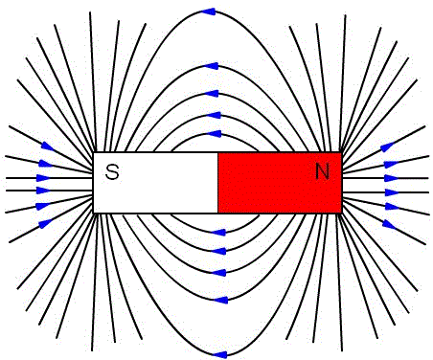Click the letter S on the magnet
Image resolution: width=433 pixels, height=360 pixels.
pos(112,171)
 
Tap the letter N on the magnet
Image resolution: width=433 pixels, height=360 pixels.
pos(322,171)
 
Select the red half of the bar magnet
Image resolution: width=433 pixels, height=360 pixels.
pos(280,183)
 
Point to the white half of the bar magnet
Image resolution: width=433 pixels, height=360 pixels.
pos(155,183)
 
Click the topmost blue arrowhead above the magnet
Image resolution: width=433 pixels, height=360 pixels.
pos(209,11)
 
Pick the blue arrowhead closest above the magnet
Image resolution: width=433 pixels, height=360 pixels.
pos(215,134)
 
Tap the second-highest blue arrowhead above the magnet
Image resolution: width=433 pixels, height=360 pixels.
pos(212,66)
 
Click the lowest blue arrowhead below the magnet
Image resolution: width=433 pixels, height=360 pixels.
pos(219,354)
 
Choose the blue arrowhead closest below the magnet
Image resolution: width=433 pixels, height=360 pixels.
pos(219,233)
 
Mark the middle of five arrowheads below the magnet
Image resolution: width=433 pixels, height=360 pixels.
pos(219,273)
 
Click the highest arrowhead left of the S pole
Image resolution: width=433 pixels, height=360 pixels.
pos(48,146)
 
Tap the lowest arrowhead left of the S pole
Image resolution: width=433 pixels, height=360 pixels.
pos(45,223)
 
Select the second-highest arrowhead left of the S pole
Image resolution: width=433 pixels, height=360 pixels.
pos(45,164)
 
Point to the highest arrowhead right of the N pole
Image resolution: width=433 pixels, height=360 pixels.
pos(388,146)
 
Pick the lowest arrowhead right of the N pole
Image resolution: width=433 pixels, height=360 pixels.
pos(389,224)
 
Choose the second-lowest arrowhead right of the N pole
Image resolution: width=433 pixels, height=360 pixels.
pos(392,207)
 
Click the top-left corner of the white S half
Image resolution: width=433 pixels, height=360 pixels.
pos(93,152)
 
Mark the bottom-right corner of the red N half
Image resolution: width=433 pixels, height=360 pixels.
pos(342,213)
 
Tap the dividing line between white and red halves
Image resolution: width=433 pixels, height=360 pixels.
pos(218,183)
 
